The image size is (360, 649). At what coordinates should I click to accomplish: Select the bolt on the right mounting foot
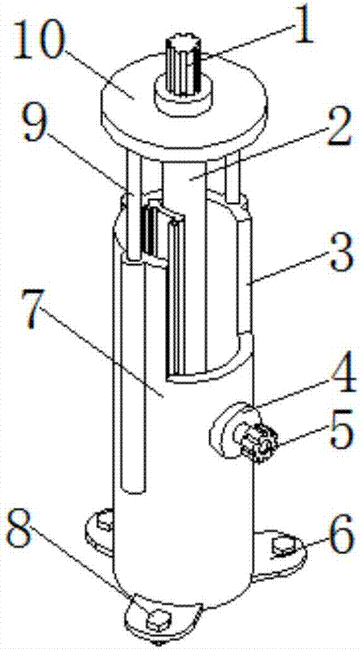coord(283,546)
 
